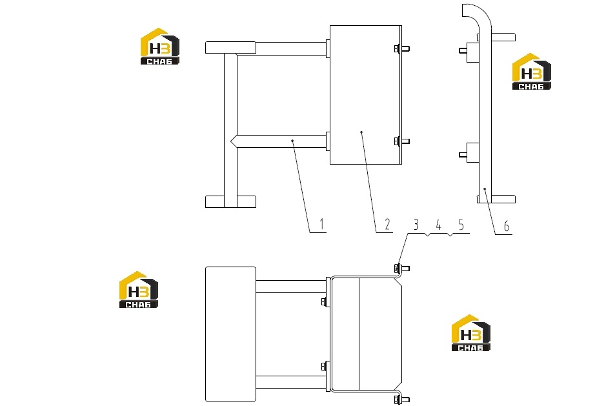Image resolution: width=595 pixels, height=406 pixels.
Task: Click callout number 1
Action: pos(322,224)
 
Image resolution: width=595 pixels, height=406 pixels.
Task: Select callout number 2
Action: pos(387,224)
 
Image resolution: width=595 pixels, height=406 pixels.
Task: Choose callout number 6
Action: pos(506,226)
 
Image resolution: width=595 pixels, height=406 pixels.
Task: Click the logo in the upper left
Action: pos(160,46)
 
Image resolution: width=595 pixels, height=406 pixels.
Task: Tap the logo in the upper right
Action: pos(531,72)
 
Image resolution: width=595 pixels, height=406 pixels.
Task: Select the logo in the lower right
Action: pos(470,333)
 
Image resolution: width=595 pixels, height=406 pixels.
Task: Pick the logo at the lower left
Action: pos(139,290)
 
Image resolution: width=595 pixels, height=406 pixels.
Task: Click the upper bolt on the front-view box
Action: pos(401,48)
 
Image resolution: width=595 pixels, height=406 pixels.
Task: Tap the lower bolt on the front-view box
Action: pos(401,141)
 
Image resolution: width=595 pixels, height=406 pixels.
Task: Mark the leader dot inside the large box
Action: pos(361,132)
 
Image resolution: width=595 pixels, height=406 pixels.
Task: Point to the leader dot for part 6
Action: pos(485,188)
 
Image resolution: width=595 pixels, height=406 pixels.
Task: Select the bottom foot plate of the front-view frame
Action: pos(230,201)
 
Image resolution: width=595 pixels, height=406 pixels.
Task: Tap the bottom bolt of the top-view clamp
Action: pos(401,399)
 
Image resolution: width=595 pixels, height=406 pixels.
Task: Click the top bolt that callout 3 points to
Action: pos(401,269)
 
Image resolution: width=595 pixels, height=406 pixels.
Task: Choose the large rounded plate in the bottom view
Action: pos(230,334)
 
